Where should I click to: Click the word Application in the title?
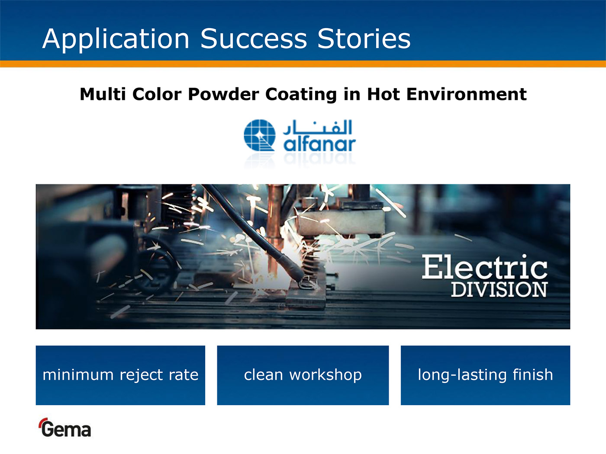click(x=116, y=39)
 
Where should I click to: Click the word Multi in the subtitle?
click(x=103, y=94)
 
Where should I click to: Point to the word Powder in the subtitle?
click(x=223, y=94)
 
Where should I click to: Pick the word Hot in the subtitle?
click(x=384, y=94)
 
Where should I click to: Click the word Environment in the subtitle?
click(x=466, y=94)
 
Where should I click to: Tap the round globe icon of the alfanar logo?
click(x=260, y=135)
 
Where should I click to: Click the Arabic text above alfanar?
click(x=317, y=128)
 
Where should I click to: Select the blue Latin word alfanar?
click(x=319, y=144)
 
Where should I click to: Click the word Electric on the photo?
click(x=484, y=266)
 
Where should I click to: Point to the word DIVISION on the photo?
click(x=499, y=289)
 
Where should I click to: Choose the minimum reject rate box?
click(x=120, y=375)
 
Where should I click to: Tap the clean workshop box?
click(x=303, y=375)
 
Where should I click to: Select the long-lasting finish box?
click(x=485, y=375)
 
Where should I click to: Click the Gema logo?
click(x=64, y=428)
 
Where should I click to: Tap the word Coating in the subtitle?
click(x=301, y=94)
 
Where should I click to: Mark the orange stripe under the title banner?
click(x=303, y=64)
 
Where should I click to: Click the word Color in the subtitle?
click(x=157, y=94)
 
